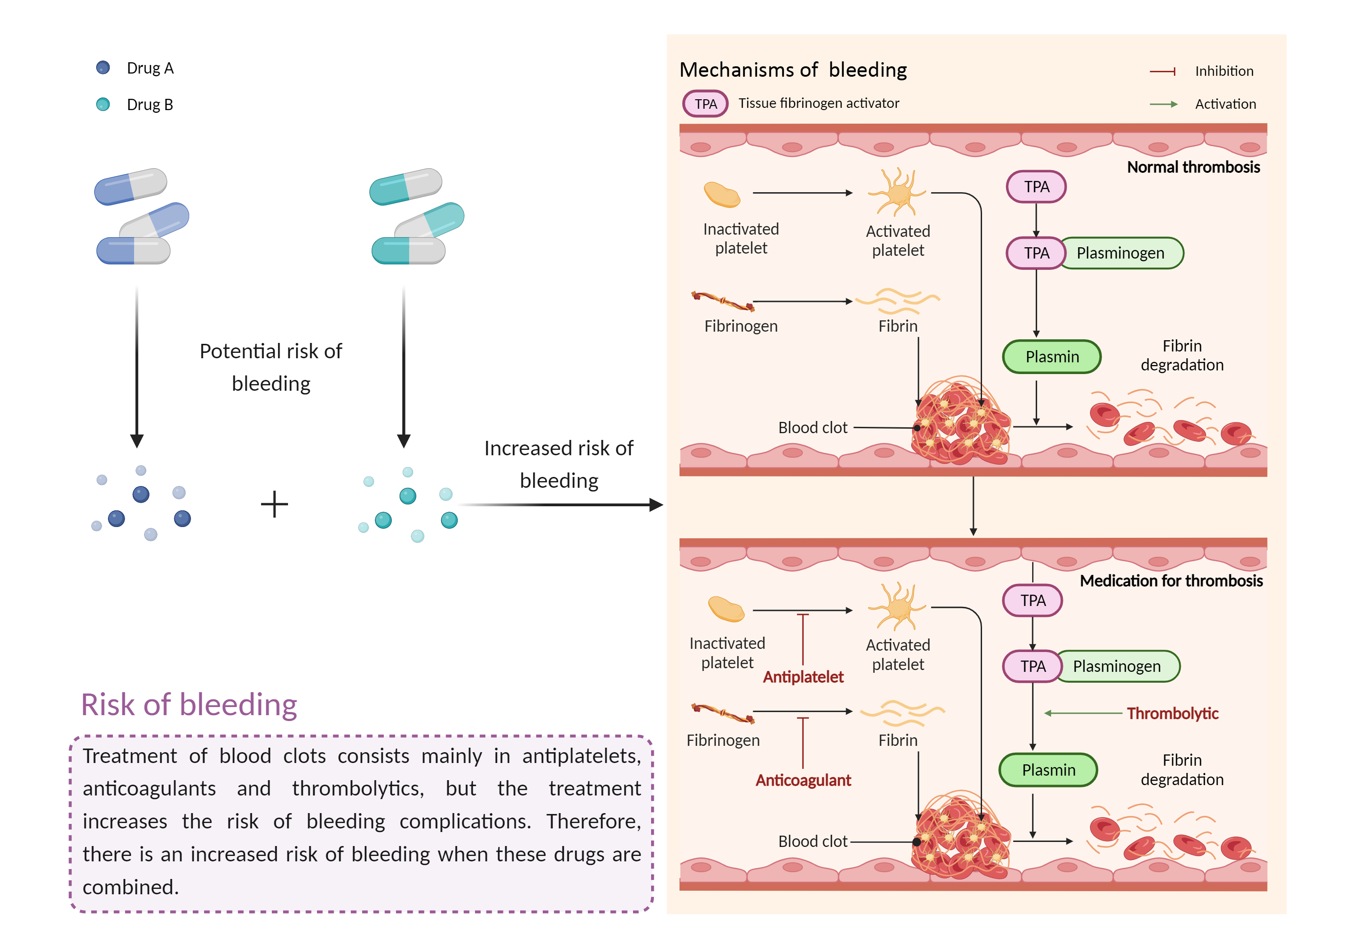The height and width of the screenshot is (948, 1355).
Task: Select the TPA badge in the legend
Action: click(705, 104)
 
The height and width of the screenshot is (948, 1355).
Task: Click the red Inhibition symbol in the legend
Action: click(1163, 71)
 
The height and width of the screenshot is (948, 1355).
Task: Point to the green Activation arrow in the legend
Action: click(1163, 104)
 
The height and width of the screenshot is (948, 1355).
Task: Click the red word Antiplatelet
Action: click(803, 677)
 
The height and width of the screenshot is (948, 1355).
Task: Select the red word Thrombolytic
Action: click(1172, 713)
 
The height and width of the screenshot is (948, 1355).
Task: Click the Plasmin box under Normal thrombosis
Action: click(1052, 357)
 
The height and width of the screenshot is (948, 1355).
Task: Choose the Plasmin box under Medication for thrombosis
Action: click(1048, 770)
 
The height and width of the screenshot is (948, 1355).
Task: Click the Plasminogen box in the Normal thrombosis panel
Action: click(1120, 253)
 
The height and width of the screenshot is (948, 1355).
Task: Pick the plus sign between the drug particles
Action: click(275, 504)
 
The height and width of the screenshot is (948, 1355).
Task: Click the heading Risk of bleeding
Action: click(189, 704)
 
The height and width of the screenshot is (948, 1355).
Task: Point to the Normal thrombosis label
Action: click(1193, 167)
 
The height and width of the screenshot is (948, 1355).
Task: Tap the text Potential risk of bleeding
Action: click(271, 367)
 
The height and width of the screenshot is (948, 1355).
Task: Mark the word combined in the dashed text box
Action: click(130, 887)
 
